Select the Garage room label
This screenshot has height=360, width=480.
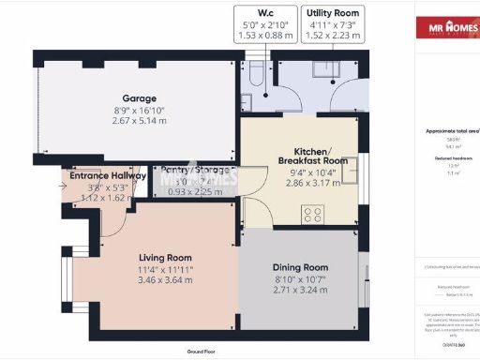coord(138,97)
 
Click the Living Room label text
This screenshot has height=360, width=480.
coord(165,257)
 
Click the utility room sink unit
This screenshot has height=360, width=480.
coord(330,70)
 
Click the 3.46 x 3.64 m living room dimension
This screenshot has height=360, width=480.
coord(165,280)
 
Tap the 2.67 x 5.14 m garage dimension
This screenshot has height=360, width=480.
coord(138,121)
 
